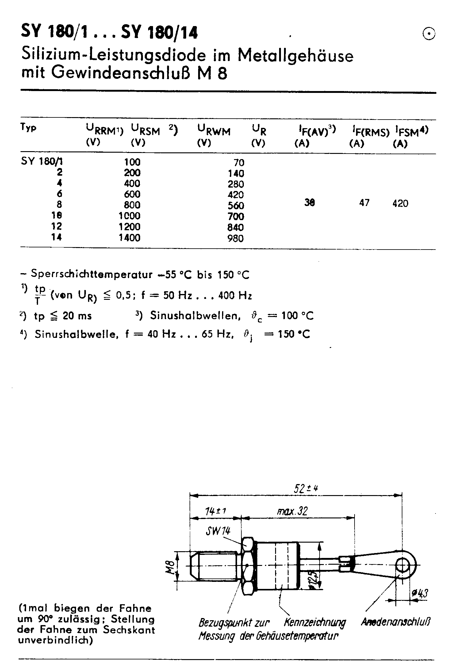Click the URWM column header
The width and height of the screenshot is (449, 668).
coord(213,132)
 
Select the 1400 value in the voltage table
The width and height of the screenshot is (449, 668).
coord(129,238)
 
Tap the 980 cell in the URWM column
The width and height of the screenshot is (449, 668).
coord(236,238)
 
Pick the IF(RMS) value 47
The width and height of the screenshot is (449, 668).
coord(364,203)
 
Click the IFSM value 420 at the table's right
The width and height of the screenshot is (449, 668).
coord(400,204)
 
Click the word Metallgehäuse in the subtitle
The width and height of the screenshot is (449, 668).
coord(295,56)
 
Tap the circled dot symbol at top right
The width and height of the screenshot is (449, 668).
coord(429,33)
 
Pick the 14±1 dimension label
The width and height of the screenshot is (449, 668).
coord(216,511)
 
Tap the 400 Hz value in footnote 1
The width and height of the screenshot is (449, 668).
coord(235,296)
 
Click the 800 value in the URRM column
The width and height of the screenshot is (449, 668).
coord(132,205)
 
